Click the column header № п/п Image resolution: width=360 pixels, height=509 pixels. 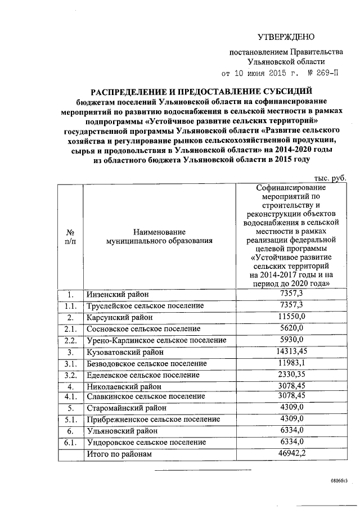(70, 236)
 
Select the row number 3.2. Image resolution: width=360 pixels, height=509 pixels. (70, 375)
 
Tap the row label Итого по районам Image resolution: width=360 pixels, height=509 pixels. (119, 454)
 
